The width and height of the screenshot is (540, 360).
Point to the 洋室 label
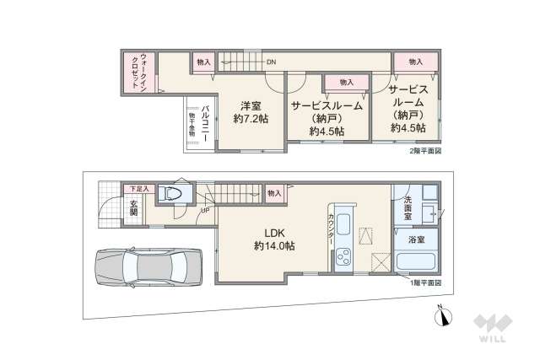pos(250,105)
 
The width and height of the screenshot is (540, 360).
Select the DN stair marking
pos(271,62)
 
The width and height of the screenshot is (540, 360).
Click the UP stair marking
pos(205,210)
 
